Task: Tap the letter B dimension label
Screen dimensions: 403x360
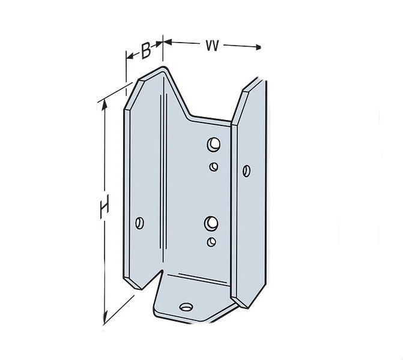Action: (x=146, y=51)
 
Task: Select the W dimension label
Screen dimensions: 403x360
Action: (x=211, y=45)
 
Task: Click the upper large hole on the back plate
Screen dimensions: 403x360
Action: (x=213, y=144)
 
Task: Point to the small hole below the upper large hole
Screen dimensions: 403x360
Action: (x=214, y=166)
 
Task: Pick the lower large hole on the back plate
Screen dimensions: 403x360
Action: (x=210, y=224)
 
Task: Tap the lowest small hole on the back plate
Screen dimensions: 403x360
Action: (x=211, y=242)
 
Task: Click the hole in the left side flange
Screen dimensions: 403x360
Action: (x=140, y=223)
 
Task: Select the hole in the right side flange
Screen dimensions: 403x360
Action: (x=246, y=171)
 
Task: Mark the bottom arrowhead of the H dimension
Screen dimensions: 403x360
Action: (x=106, y=319)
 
